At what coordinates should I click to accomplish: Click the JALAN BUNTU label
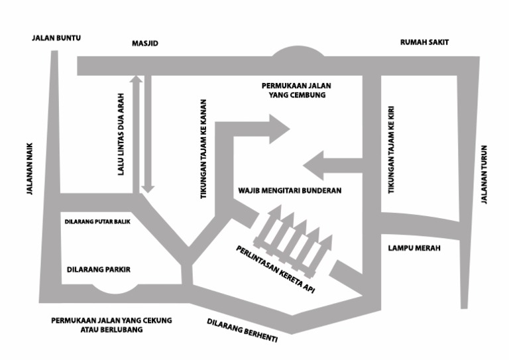coord(56,38)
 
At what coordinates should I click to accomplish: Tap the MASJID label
coord(145,44)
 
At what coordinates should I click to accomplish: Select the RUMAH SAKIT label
coord(424,42)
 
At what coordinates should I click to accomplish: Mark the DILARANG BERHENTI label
coord(242,330)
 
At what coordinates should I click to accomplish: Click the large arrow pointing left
coord(331,165)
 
